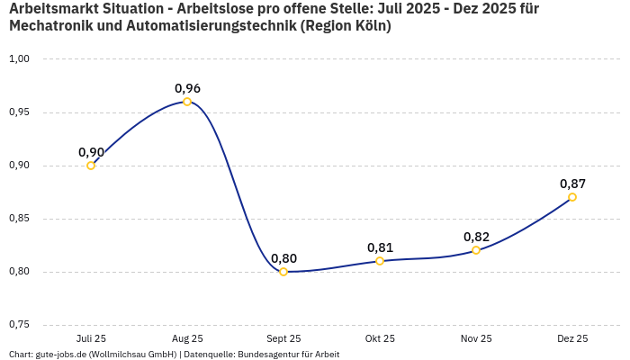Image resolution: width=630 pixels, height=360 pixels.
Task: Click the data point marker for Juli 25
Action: point(91,166)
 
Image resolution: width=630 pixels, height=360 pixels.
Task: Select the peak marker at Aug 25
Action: point(187,102)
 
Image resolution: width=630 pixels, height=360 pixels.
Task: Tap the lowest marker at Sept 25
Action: point(283,272)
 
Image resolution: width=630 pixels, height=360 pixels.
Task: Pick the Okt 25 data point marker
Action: point(380,261)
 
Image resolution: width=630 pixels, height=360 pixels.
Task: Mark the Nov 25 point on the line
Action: point(476,250)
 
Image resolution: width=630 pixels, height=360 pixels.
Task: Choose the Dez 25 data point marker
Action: point(572,197)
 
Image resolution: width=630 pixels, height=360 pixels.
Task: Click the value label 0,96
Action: point(187,88)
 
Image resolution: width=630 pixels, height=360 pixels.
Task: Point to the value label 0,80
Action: point(283,258)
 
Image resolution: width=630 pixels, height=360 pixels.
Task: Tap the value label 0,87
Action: point(572,184)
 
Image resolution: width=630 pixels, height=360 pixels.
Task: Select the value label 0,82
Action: point(476,237)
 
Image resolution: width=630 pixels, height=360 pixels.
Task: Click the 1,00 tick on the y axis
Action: point(19,59)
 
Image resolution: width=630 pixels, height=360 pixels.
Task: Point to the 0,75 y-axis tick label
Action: point(19,325)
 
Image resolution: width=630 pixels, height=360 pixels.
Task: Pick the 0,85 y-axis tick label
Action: point(19,219)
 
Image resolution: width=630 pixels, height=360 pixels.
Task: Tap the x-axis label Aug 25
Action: point(187,338)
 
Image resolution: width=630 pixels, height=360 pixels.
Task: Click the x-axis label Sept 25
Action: point(283,338)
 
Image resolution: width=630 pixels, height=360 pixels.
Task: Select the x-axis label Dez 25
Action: point(572,338)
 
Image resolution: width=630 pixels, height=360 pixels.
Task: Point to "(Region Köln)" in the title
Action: point(346,26)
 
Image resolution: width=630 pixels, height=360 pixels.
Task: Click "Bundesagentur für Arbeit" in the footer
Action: point(288,354)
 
